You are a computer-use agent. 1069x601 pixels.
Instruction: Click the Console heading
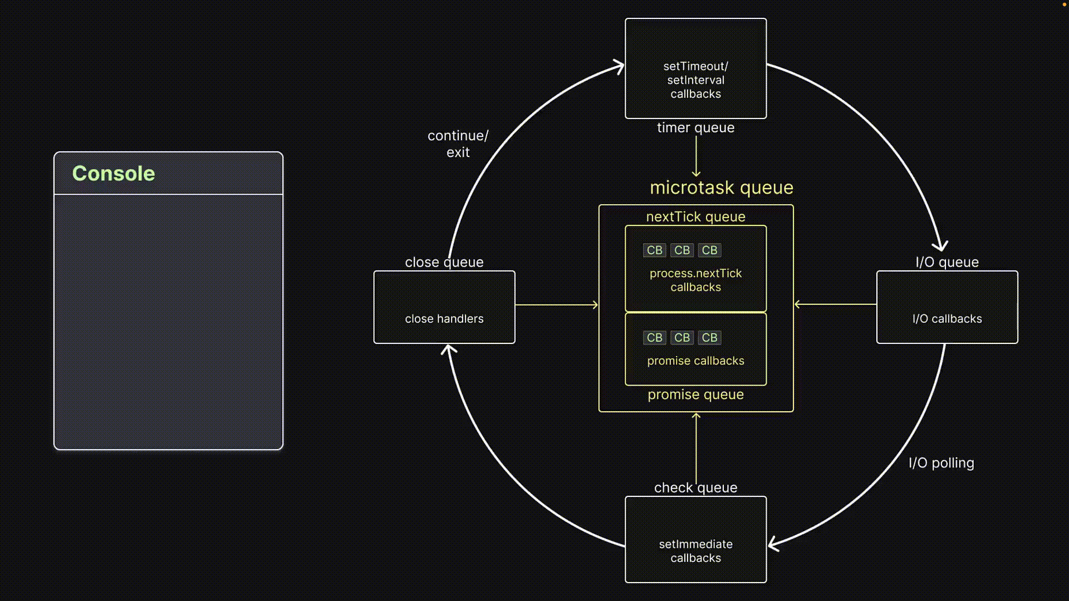[114, 174]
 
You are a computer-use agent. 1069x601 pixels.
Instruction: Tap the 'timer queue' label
[695, 128]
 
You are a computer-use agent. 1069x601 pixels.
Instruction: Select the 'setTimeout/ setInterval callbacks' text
[695, 80]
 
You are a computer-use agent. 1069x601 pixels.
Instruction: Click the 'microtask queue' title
[722, 188]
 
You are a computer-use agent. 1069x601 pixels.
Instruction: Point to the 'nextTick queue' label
[695, 217]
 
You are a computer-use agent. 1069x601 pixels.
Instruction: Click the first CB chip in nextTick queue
[654, 250]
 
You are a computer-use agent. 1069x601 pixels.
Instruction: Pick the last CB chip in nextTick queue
[709, 250]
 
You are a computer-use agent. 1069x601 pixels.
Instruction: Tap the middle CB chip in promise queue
[682, 338]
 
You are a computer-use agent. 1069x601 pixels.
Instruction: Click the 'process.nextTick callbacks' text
[695, 280]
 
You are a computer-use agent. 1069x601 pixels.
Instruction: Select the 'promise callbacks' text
[695, 361]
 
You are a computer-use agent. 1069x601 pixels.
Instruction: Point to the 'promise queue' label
[695, 395]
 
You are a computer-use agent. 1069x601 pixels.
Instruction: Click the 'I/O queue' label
[947, 262]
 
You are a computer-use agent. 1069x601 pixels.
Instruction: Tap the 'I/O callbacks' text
[947, 319]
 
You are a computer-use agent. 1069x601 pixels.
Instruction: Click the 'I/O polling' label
[941, 463]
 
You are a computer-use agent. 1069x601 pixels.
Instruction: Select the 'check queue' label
[695, 488]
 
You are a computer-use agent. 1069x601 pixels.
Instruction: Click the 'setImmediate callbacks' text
[695, 551]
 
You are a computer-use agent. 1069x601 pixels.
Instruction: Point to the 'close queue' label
[444, 262]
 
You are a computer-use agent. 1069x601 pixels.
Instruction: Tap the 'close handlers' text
[444, 319]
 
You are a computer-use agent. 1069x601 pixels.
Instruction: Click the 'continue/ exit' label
[458, 144]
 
